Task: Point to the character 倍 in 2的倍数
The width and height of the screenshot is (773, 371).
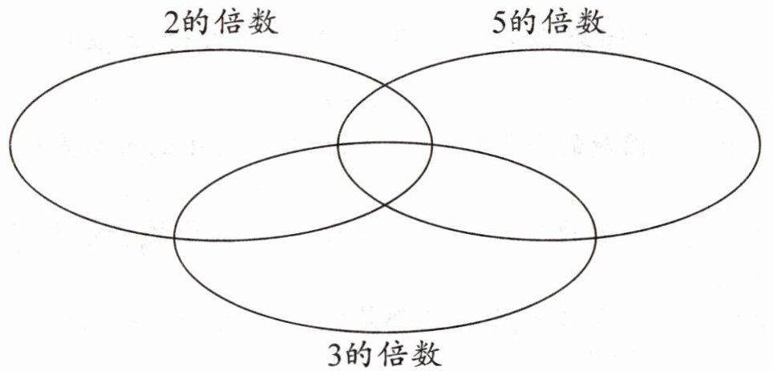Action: point(233,22)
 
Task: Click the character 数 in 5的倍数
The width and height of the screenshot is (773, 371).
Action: point(591,22)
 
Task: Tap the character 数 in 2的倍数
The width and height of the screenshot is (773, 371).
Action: point(263,22)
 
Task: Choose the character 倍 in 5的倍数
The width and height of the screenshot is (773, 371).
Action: point(560,22)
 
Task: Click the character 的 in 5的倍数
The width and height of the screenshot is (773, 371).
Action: point(529,22)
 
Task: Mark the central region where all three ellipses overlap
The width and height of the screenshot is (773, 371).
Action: point(385,172)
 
